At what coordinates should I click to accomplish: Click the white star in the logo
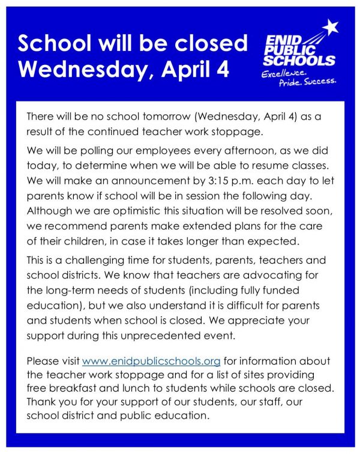click(x=330, y=28)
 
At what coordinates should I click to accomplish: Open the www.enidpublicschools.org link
click(x=151, y=362)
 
